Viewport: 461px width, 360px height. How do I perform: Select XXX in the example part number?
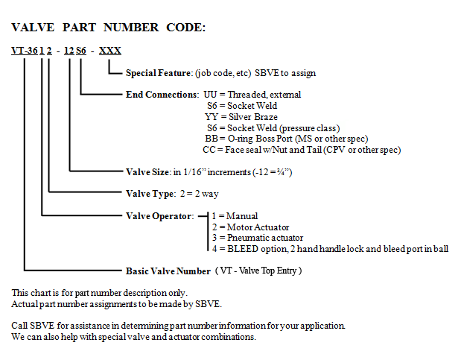[x=110, y=51]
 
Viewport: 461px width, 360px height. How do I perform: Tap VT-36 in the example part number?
[x=25, y=51]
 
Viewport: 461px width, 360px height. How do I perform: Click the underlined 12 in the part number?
[x=69, y=51]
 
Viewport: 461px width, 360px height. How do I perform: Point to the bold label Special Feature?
[x=158, y=73]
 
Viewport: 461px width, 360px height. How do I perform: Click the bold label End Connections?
[x=162, y=95]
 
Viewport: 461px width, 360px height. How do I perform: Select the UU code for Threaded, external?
[x=210, y=95]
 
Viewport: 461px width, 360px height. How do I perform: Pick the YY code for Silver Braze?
[x=212, y=117]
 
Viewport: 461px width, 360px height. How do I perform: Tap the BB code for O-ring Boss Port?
[x=212, y=139]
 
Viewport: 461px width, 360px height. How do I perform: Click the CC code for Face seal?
[x=209, y=150]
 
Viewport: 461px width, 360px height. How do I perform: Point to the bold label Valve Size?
[x=147, y=172]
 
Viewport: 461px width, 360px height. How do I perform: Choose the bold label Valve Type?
[x=150, y=194]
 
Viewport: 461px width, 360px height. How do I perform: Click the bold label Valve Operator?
[x=159, y=216]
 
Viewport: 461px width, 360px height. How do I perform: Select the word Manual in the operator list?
[x=242, y=216]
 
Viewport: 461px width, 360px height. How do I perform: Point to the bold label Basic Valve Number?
[x=168, y=271]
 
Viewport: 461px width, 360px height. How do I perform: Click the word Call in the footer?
[x=19, y=326]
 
